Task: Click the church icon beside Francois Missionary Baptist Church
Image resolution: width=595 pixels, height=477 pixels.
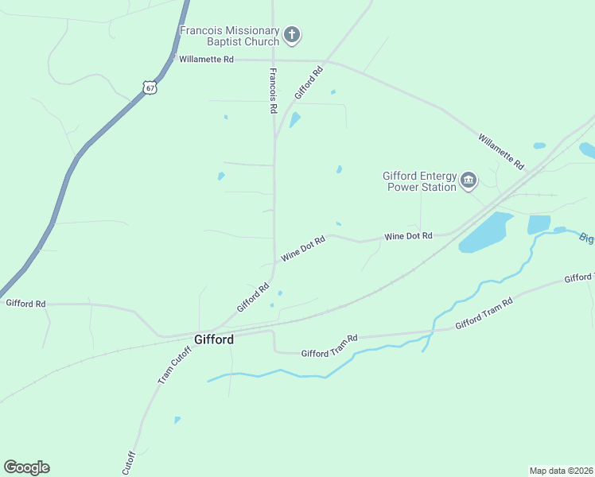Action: point(293,34)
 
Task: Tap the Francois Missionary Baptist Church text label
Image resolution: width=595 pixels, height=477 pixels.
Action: point(230,36)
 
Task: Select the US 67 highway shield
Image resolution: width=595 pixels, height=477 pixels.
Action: point(150,87)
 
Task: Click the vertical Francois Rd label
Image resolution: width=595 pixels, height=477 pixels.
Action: point(273,90)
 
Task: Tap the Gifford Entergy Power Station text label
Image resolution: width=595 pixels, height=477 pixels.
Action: point(419,181)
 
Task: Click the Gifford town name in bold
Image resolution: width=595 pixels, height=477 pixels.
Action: point(214,339)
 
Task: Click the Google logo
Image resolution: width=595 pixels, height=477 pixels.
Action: point(26,467)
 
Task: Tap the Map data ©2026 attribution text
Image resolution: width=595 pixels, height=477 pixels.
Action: point(561,470)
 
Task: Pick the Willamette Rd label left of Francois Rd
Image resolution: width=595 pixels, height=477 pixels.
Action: point(206,60)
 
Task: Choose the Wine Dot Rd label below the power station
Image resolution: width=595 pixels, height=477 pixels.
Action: point(408,236)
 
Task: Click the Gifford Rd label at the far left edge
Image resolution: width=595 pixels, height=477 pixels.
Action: point(26,303)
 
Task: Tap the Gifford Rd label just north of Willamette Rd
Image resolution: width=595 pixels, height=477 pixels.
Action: point(309,83)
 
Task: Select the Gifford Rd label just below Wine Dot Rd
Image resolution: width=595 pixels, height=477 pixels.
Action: point(253,298)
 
